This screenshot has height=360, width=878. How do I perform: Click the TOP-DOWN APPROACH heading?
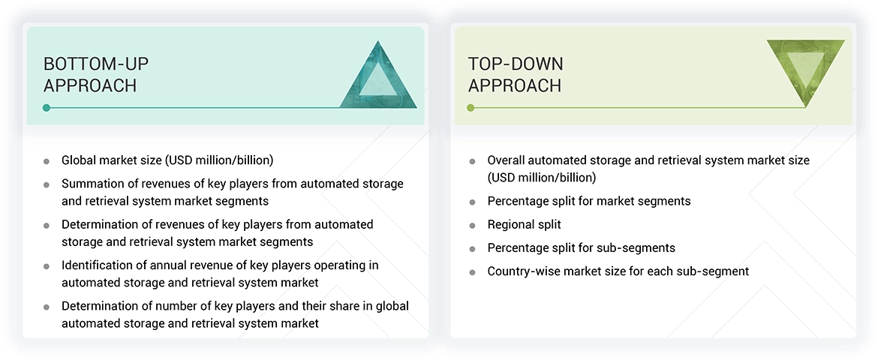516,74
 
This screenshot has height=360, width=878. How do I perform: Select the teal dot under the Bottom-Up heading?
47,108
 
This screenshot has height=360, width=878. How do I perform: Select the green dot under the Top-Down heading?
471,108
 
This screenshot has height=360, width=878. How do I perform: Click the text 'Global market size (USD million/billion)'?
167,160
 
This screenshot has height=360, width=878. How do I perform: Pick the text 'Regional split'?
524,224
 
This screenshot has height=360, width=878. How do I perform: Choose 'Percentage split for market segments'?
589,201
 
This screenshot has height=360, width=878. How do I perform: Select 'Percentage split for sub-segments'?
581,247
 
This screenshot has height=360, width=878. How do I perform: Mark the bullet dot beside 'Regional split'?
472,225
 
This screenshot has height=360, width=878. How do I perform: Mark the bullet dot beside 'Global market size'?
47,160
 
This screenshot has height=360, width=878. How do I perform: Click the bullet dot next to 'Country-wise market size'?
472,271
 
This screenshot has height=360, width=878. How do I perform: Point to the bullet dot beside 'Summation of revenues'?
47,184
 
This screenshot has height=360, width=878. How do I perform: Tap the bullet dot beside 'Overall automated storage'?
472,160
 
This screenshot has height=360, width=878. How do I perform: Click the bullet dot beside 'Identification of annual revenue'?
47,266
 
